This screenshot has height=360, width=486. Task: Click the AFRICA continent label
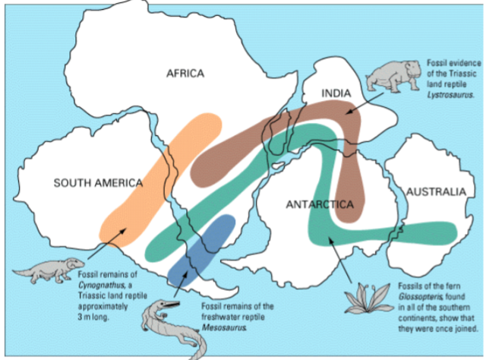pos(185,73)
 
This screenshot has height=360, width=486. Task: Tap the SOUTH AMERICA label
pos(98,183)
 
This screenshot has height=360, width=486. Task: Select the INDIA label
pos(336,93)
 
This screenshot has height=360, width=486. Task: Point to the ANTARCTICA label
pos(320,205)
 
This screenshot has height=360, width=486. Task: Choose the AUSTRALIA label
pos(435,192)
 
